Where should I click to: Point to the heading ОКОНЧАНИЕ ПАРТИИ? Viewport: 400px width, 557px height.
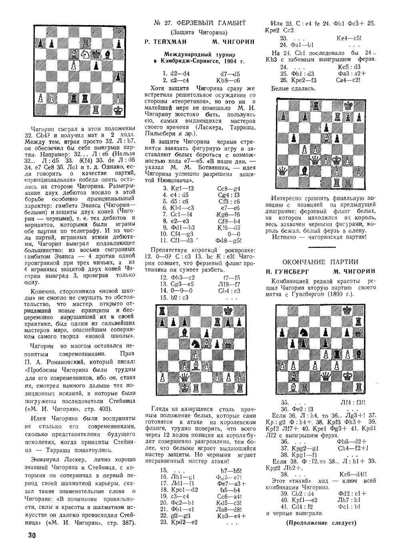point(320,262)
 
